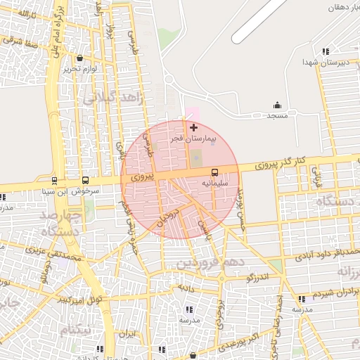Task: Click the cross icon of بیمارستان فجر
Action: (x=193, y=127)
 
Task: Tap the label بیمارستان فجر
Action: (x=194, y=139)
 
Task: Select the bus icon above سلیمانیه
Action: (x=214, y=172)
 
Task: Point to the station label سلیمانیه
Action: (x=215, y=183)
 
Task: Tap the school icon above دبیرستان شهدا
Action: (x=325, y=51)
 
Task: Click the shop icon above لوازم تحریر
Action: (x=79, y=58)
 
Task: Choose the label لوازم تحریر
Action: (x=78, y=69)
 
